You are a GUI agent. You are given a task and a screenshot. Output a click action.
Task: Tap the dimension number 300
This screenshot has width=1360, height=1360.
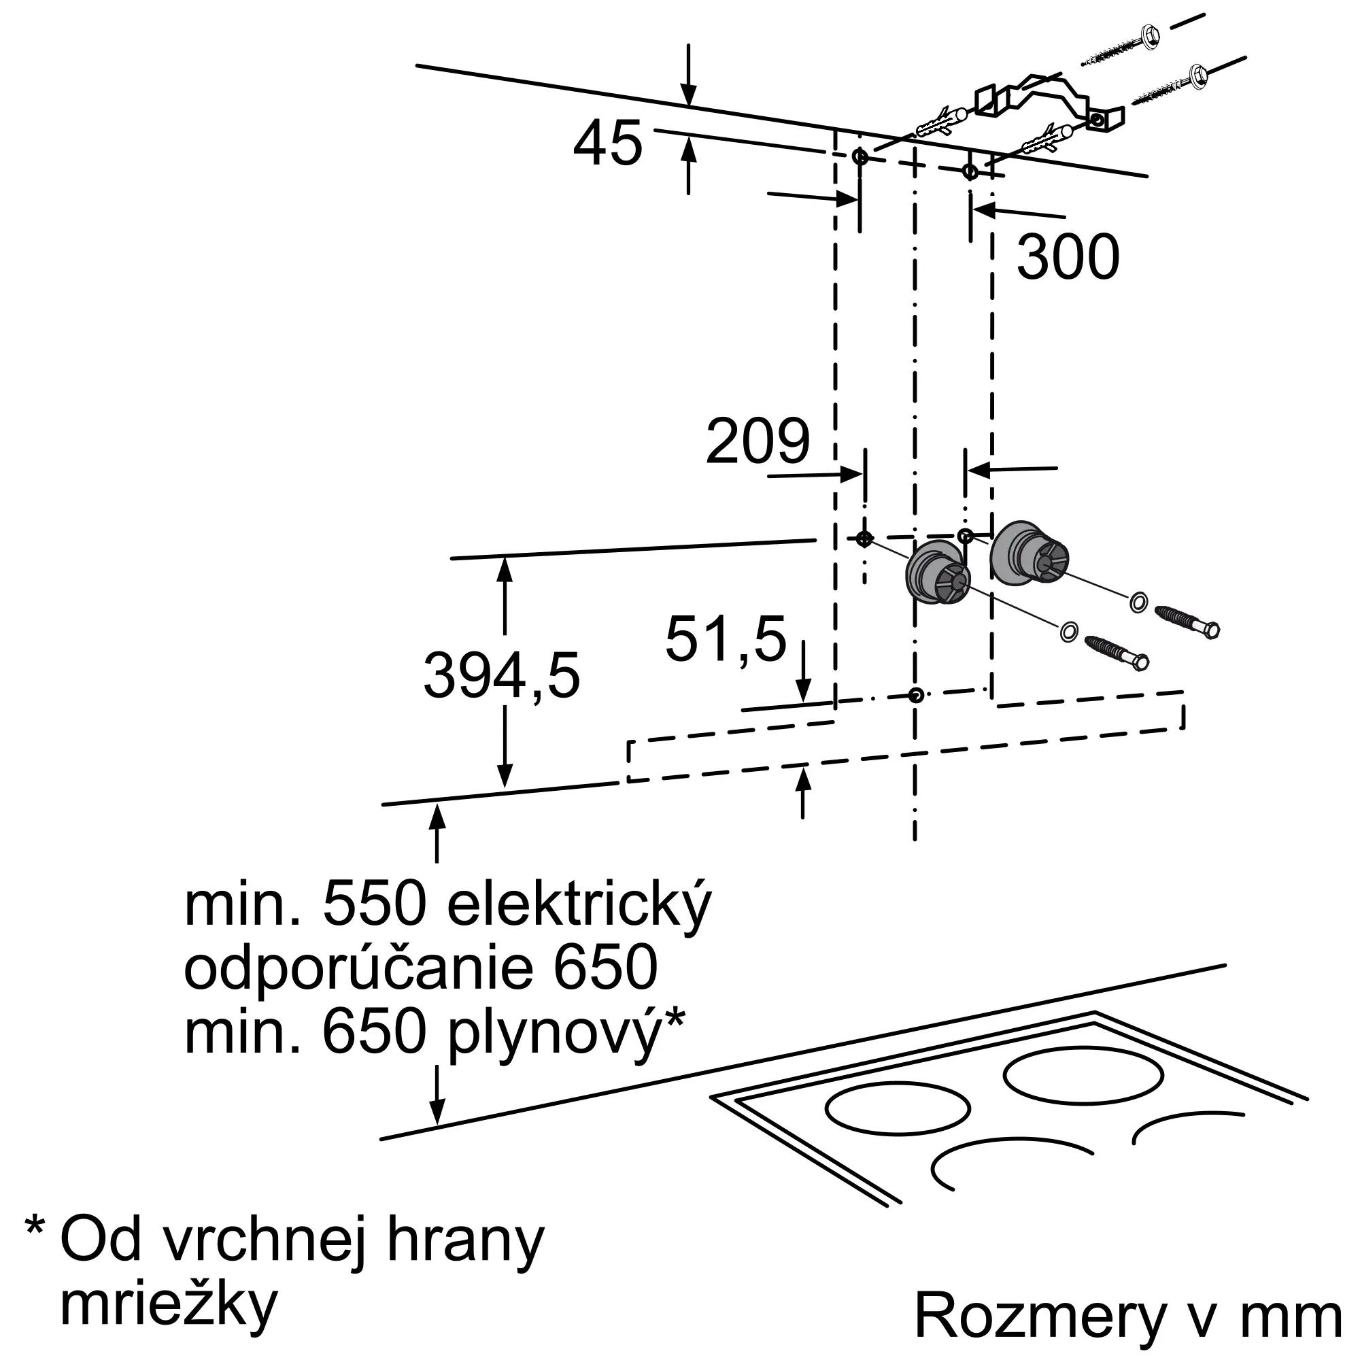click(x=1067, y=258)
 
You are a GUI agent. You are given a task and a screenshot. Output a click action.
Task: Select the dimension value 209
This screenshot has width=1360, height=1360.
click(x=758, y=441)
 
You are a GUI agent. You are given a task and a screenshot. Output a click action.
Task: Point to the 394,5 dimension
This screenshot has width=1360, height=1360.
click(x=501, y=676)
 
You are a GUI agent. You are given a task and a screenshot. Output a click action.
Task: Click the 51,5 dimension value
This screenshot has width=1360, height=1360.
click(x=725, y=639)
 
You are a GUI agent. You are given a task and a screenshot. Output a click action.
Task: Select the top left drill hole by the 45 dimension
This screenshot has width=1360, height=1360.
click(x=860, y=156)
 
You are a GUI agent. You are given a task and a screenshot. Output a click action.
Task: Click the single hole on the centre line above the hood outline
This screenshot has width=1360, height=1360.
click(x=915, y=696)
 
